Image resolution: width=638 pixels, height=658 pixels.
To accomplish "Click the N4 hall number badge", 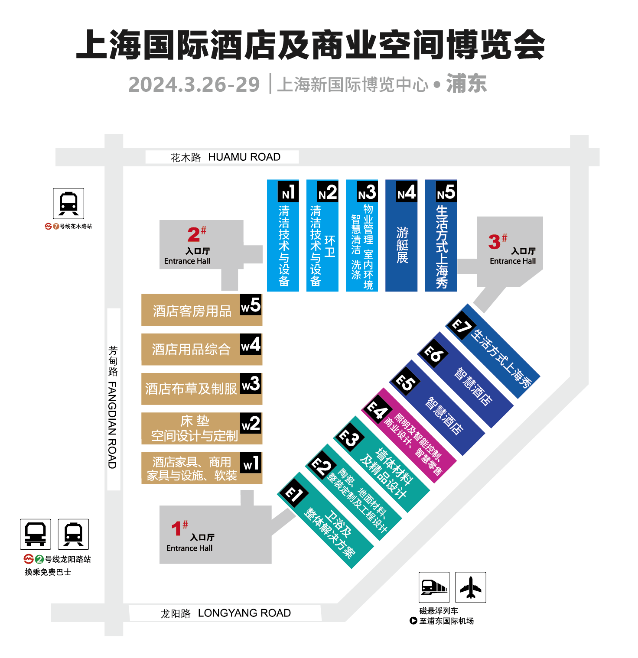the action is pos(407,192).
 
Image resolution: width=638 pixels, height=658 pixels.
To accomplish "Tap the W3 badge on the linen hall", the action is pos(251,383).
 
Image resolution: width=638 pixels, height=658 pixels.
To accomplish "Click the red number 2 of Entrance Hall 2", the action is pos(194,235).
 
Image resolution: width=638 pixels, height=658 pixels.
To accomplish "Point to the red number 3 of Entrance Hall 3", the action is pos(494,242).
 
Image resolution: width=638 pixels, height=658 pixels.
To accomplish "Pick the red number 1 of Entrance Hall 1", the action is pos(176,528).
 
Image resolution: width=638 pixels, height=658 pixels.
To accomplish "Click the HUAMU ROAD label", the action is pos(244,157).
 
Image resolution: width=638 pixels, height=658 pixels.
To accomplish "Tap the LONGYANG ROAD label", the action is pos(244,613).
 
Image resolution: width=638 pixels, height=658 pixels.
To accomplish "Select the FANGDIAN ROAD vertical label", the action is pos(112,425).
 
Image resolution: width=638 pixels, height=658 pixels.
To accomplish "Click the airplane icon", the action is pos(471,587).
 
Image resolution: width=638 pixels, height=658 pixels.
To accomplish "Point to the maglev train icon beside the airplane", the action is pos(434,587).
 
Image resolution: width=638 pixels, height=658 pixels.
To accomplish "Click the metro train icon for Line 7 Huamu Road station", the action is pos(68,204).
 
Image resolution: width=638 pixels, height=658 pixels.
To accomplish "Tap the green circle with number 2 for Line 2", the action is pos(39,559).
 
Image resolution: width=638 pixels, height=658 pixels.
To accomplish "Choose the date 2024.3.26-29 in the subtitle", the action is pos(194,84).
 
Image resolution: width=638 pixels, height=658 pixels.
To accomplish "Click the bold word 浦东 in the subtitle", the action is pos(466,84).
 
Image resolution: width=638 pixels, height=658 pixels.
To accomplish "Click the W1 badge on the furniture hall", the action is pos(251,463).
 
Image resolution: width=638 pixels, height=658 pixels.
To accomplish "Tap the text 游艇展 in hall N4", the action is pos(402,245).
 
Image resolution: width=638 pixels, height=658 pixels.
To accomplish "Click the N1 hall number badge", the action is pos(288,192).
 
